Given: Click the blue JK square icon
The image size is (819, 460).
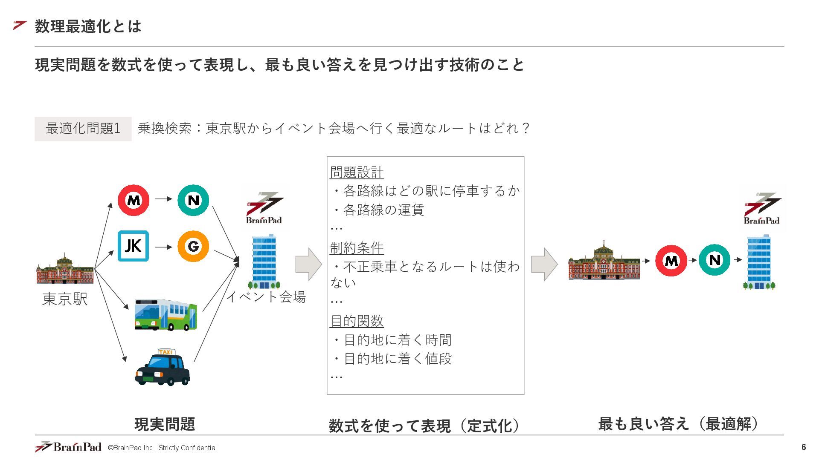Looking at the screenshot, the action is click(x=133, y=246).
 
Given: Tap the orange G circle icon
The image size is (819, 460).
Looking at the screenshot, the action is click(x=193, y=246).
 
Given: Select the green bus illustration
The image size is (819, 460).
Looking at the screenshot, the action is click(x=166, y=315).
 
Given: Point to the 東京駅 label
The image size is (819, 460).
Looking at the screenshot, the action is click(x=65, y=299).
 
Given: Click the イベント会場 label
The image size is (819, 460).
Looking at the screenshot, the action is click(x=267, y=296).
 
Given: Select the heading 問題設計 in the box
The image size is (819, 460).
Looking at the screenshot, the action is click(x=357, y=172).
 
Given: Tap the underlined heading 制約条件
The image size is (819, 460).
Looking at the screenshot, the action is click(x=357, y=247).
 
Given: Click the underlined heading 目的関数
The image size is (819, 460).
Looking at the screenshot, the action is click(x=357, y=321).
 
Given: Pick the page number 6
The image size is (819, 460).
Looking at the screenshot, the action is click(x=804, y=447).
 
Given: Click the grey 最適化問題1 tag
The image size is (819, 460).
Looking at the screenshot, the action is click(x=83, y=128).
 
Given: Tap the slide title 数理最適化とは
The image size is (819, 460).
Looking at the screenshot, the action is click(x=88, y=26).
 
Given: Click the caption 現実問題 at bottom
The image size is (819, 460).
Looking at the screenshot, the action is click(x=165, y=424).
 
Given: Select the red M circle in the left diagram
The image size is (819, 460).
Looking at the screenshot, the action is click(x=134, y=200).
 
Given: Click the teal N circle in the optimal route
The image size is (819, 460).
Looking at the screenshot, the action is click(x=714, y=260).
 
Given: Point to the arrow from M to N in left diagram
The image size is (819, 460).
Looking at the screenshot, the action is click(x=163, y=198).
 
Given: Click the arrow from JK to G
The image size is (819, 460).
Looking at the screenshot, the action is click(x=163, y=247).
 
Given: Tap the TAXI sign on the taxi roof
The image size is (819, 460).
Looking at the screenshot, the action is click(x=166, y=352).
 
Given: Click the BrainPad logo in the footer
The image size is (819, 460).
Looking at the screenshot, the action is click(x=68, y=447).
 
